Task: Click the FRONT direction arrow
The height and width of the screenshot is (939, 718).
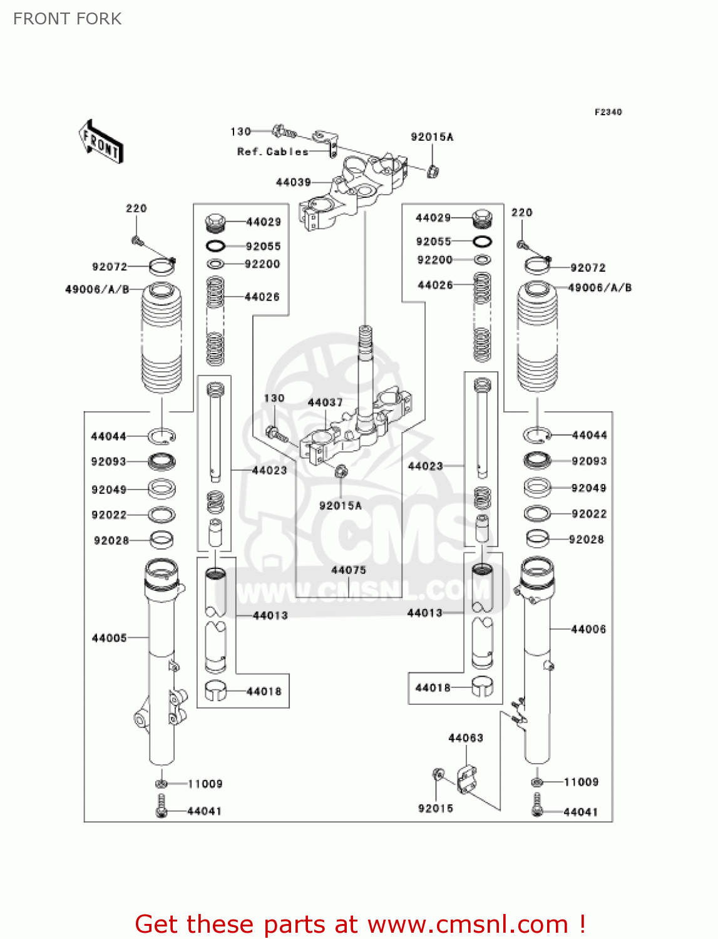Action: tap(101, 142)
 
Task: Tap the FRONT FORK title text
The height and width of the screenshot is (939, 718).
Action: tap(68, 19)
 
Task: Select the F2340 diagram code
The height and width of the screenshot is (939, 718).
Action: tap(608, 112)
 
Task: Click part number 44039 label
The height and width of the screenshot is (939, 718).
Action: tap(294, 182)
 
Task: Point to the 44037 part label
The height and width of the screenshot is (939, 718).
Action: tap(325, 403)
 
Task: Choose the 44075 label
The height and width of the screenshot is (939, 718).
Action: tap(349, 570)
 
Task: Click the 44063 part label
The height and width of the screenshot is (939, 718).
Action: tap(466, 738)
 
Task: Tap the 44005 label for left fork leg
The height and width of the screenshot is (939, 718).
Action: tap(110, 638)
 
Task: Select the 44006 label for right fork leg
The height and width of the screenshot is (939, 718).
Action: tap(588, 629)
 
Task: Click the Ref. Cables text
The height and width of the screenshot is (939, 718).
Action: tap(273, 151)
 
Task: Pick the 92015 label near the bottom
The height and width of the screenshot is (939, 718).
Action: tap(436, 808)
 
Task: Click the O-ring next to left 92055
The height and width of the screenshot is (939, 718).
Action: tap(215, 246)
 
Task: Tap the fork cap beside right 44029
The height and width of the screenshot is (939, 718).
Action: tap(481, 218)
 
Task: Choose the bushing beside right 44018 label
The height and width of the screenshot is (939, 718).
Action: tap(482, 687)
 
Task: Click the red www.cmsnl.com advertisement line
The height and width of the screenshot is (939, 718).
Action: tap(360, 924)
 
